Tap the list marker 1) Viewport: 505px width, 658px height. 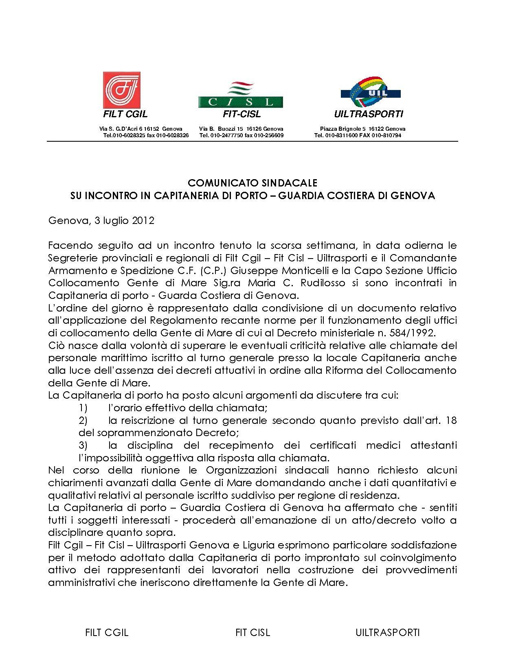(x=83, y=408)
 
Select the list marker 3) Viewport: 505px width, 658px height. (x=83, y=445)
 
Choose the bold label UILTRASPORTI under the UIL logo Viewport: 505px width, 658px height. (x=368, y=114)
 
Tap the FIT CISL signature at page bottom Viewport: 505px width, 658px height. (x=253, y=632)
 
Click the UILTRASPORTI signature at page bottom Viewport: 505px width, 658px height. (x=387, y=632)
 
